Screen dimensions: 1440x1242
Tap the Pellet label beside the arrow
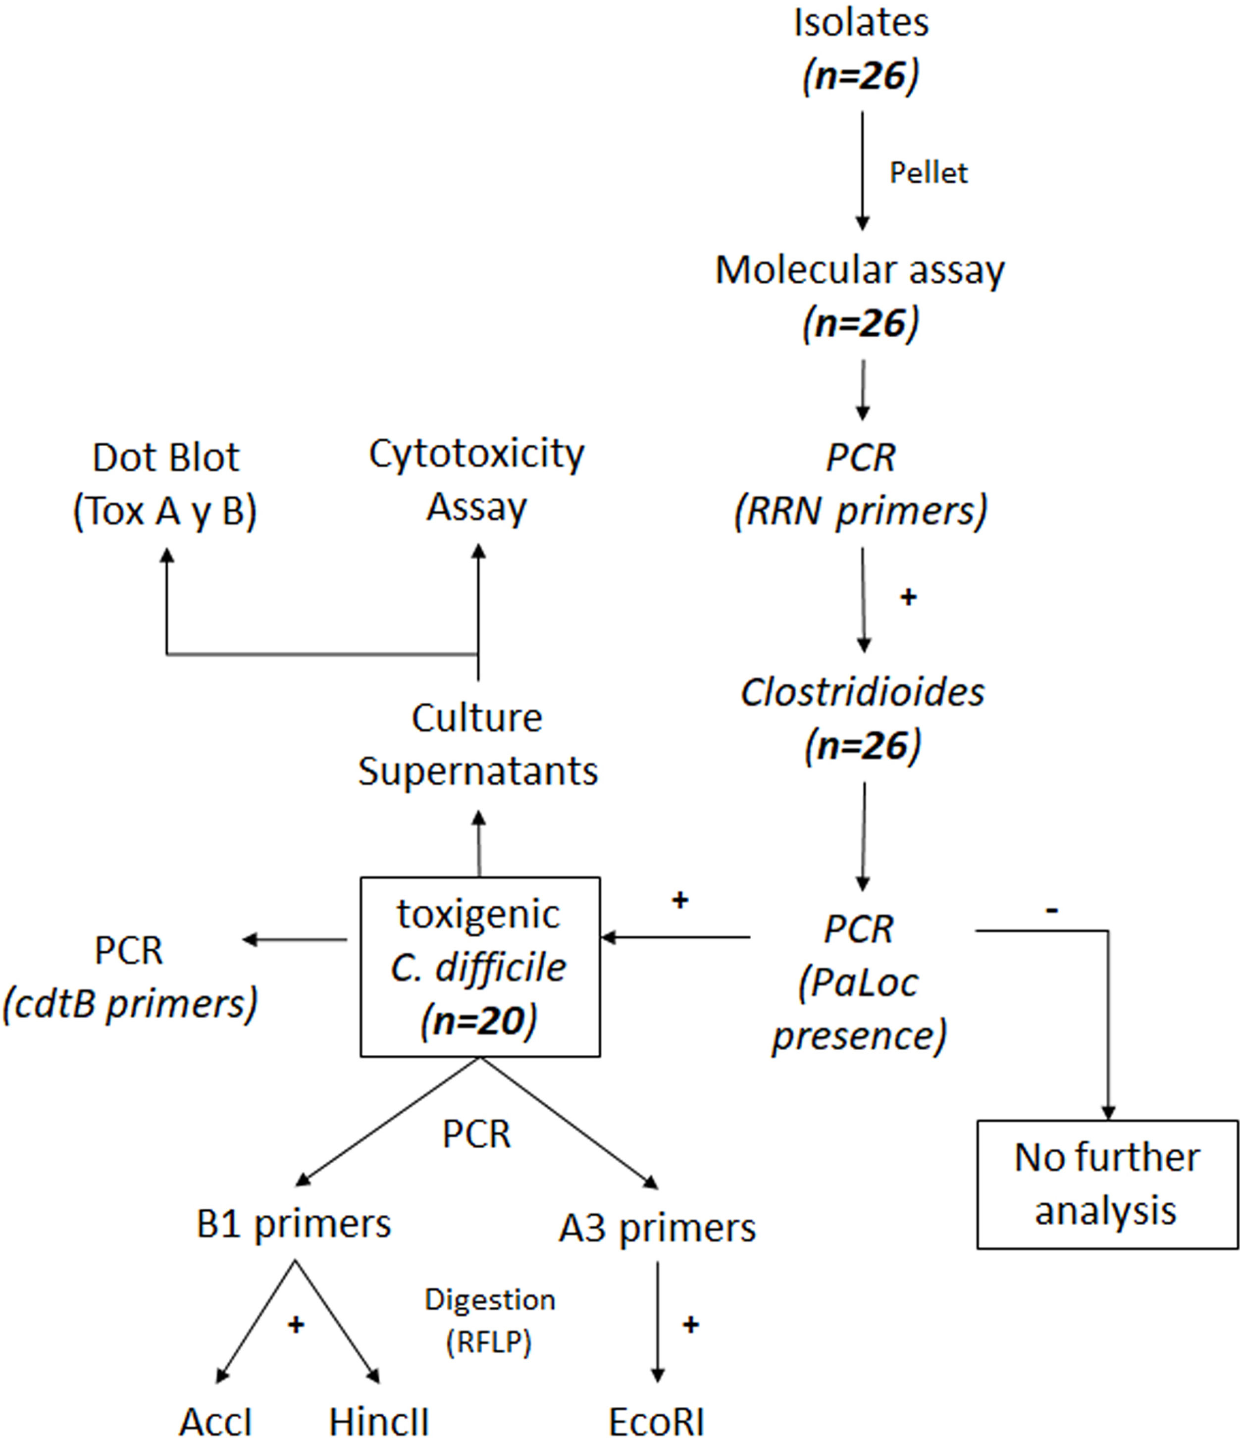(929, 173)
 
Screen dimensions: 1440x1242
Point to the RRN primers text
(860, 511)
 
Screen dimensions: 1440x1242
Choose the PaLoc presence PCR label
(859, 982)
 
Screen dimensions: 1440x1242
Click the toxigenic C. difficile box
(479, 967)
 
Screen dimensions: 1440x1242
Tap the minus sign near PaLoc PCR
(1052, 908)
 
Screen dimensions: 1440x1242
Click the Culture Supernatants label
(477, 744)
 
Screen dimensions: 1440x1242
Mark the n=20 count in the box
(479, 1021)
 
